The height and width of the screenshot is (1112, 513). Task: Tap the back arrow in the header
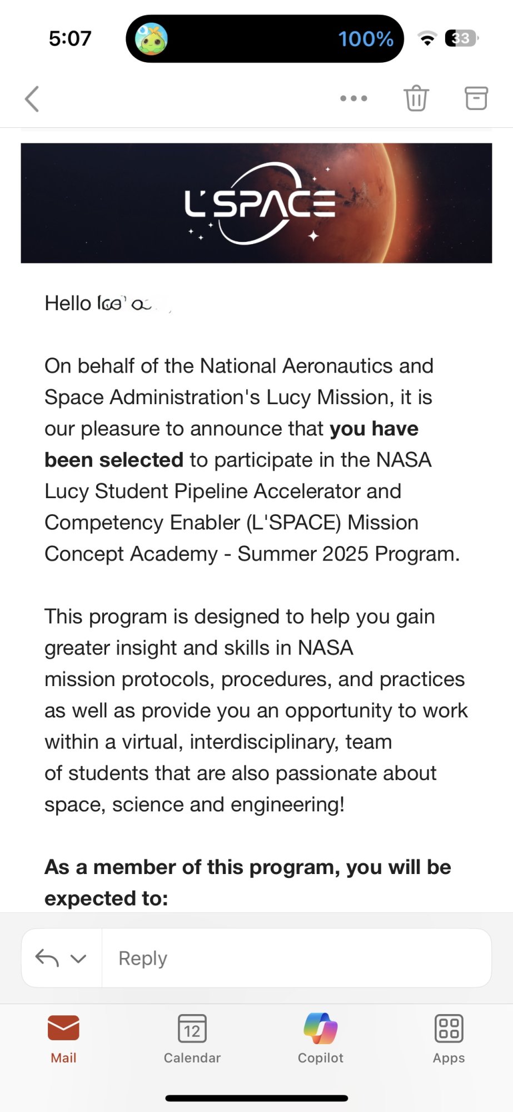tap(32, 99)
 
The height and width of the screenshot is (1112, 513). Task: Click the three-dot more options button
tap(353, 98)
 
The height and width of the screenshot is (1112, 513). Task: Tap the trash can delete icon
tap(416, 98)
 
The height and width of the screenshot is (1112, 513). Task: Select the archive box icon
tap(476, 98)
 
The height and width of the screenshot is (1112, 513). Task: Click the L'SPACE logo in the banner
tap(260, 203)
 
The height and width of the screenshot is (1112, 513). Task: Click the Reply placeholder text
tap(143, 958)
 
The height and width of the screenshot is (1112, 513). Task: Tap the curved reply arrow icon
tap(47, 957)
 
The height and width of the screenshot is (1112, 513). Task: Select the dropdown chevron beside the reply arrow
tap(78, 958)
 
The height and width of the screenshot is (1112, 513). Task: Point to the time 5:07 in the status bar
tap(70, 38)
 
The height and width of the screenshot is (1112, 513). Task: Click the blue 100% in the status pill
tap(366, 39)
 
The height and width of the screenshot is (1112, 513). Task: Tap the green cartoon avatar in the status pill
tap(151, 39)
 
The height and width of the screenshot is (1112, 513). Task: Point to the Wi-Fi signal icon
tap(427, 39)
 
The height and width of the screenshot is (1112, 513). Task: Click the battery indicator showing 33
tap(461, 38)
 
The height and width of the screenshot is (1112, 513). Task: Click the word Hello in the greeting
tap(68, 304)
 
